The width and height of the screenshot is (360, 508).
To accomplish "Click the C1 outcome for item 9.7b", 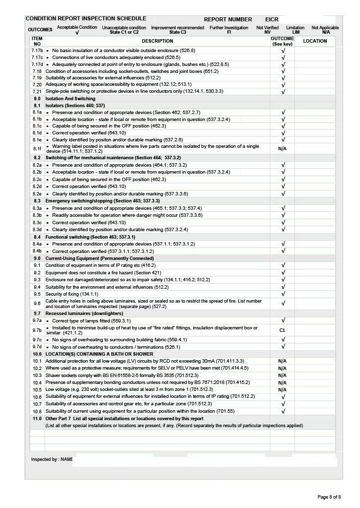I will point(282,329).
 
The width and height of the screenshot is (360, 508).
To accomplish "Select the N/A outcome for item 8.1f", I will point(282,148).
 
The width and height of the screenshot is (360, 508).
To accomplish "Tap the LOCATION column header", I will point(315,41).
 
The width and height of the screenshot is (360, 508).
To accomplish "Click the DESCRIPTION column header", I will point(157,41).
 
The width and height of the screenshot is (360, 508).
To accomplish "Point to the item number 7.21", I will point(37,92).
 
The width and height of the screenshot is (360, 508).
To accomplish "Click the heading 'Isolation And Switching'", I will point(70,99).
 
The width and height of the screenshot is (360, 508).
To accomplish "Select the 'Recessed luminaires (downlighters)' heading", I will point(83,314).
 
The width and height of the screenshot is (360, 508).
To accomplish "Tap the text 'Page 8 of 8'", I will point(329,497).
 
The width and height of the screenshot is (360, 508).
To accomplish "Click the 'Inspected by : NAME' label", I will point(52,460).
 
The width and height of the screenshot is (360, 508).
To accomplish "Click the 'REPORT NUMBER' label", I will point(228,19).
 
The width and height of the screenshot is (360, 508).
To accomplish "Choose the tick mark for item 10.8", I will point(283,411).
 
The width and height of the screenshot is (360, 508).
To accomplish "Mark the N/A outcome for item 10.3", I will point(282,376).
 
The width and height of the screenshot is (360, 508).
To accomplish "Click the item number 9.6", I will point(37,303).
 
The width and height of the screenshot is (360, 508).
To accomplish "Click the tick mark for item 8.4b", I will point(283,251).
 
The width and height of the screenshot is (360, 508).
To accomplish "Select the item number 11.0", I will point(37,419).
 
